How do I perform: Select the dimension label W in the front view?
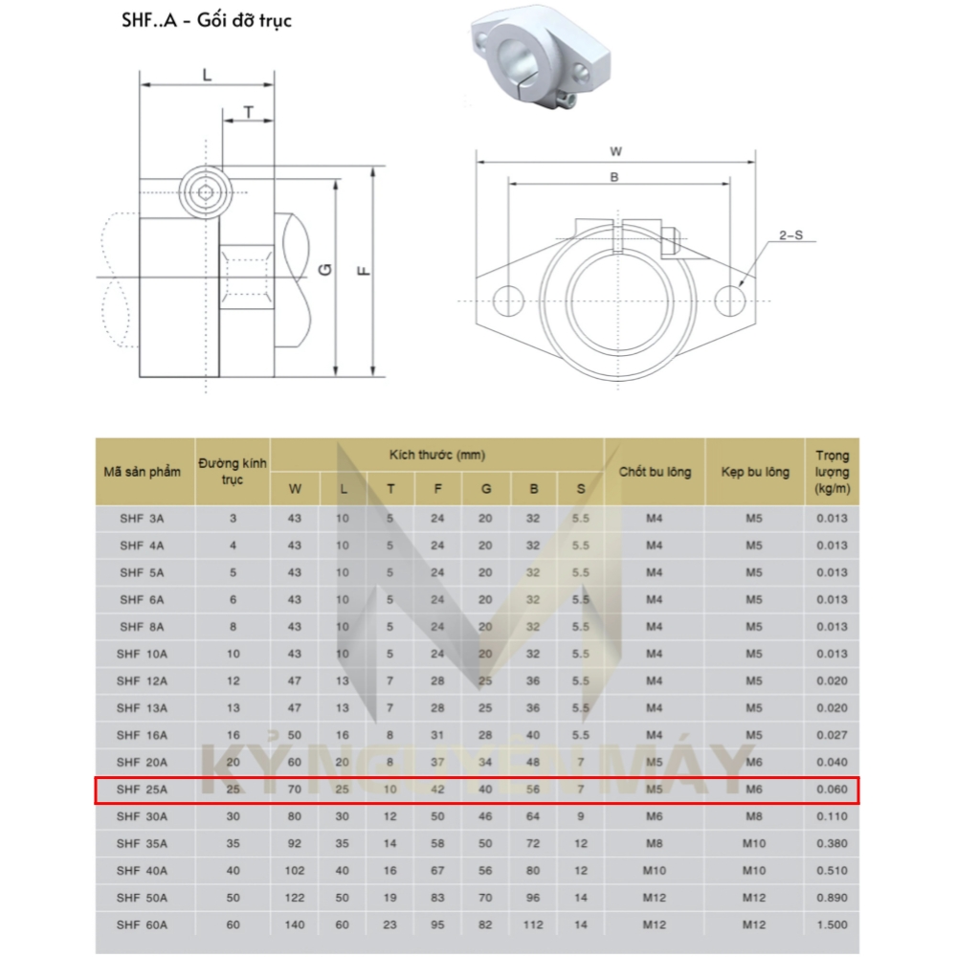tap(616, 151)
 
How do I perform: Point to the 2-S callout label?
tap(790, 234)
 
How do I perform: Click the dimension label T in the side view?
tap(248, 112)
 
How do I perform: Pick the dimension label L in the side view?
tap(207, 74)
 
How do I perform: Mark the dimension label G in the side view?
tap(325, 271)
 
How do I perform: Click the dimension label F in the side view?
tap(363, 271)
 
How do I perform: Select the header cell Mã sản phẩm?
tap(143, 472)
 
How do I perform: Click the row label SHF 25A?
tap(143, 790)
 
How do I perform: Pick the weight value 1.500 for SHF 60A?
tap(831, 924)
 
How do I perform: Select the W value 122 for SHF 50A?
tap(295, 898)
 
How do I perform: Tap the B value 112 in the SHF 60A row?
tap(533, 924)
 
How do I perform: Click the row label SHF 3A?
tap(143, 519)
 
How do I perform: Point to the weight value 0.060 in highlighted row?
tap(831, 790)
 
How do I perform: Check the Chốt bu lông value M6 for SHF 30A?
tap(654, 816)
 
